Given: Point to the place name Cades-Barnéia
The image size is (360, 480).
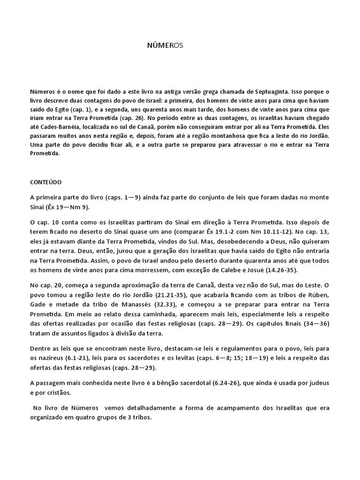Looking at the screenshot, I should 63,127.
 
